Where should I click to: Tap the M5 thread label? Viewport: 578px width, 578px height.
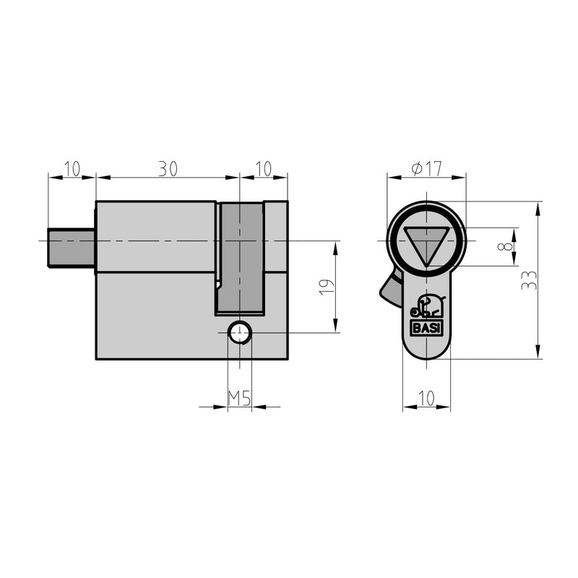click(x=239, y=397)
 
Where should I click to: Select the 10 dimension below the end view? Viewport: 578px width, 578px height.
click(x=426, y=397)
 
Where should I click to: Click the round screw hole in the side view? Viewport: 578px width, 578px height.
click(x=239, y=333)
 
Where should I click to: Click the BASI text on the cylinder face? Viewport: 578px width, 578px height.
click(x=426, y=327)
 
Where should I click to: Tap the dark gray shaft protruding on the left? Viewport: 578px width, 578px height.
click(x=72, y=247)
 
